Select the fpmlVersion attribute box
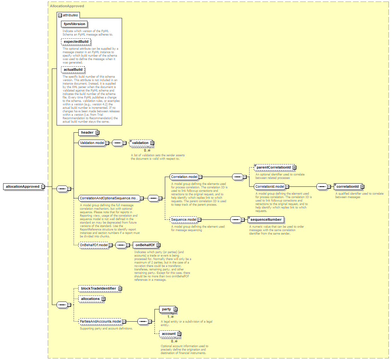74,24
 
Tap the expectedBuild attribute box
76,42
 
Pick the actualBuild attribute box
73,69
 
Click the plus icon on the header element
97,133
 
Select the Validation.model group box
92,143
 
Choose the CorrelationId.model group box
270,186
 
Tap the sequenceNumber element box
266,219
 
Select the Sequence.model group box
184,219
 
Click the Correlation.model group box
184,177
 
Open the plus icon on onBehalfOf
159,245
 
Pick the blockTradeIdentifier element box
100,289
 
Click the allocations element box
92,299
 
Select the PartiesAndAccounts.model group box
100,321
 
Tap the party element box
168,309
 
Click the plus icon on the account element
179,334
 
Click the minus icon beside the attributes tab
60,15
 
